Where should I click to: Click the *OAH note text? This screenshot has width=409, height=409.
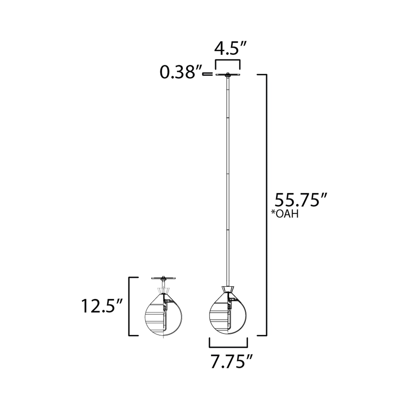click(285, 214)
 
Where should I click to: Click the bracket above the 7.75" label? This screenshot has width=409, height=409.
click(228, 346)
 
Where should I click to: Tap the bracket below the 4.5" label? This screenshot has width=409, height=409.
click(228, 61)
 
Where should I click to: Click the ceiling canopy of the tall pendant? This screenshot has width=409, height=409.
click(228, 75)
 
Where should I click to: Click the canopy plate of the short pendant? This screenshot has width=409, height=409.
click(164, 278)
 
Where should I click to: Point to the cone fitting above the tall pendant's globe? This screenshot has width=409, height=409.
click(228, 290)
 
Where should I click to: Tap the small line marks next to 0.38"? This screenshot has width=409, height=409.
click(207, 74)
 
